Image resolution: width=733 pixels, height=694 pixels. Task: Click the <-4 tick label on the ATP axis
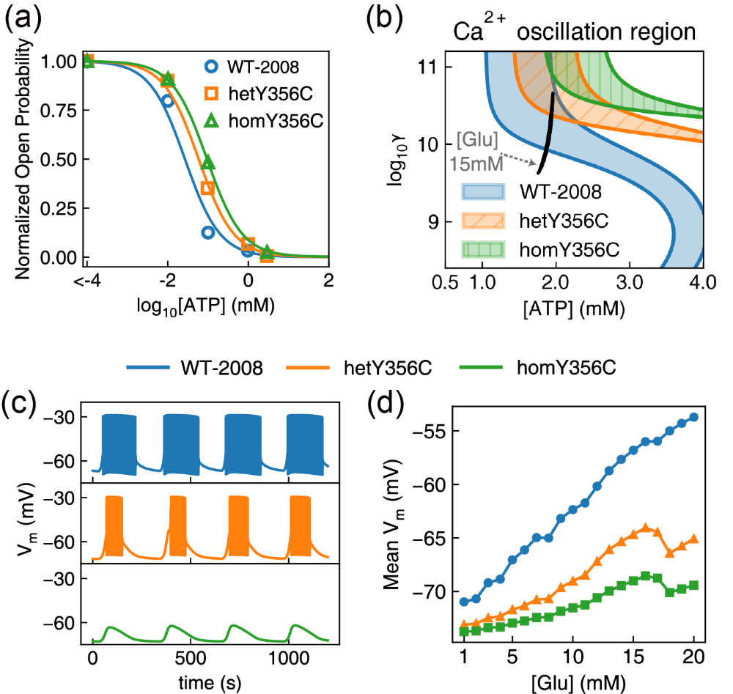coord(86,279)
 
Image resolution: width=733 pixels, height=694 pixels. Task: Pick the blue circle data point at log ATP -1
coord(208,232)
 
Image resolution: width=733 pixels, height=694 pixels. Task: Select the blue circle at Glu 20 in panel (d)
coord(693,416)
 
